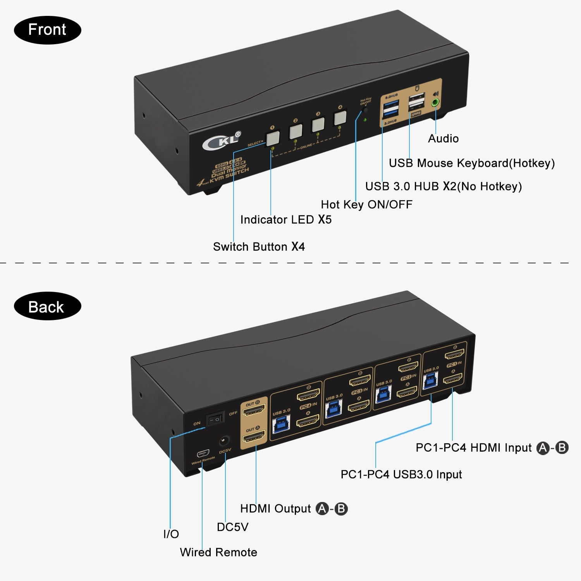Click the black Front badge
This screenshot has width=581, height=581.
[47, 30]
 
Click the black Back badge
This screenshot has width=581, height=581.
[47, 306]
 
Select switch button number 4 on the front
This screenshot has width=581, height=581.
[340, 118]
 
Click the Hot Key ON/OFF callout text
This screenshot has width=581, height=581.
[366, 205]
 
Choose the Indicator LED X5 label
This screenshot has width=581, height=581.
[286, 220]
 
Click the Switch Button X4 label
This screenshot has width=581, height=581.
[259, 247]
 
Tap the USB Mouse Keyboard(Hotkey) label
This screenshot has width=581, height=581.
[471, 163]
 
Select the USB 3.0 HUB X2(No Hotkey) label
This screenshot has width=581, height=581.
[443, 186]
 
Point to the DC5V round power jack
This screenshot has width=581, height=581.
[224, 441]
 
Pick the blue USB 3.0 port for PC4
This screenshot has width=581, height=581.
[280, 425]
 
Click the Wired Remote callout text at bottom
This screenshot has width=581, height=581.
[218, 552]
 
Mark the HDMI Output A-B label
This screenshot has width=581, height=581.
[294, 509]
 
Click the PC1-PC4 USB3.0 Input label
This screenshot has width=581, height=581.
[401, 474]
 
